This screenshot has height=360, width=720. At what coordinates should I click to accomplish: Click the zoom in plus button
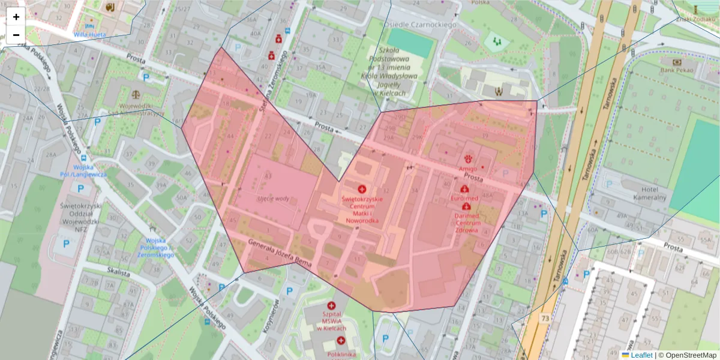pos(16,17)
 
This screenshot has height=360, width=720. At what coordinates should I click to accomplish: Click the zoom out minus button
pos(16,35)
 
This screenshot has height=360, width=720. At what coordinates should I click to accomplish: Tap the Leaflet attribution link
pos(641,355)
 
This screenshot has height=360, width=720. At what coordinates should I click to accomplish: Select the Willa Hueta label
pos(90,35)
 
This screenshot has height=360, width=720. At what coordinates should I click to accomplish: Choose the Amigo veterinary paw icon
pos(468,158)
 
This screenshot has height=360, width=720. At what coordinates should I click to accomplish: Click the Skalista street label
pos(119,272)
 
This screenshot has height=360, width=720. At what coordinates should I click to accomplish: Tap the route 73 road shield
pos(544,317)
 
